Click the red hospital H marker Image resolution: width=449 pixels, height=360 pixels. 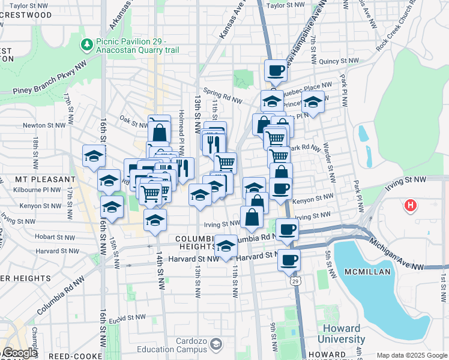(x=411, y=206)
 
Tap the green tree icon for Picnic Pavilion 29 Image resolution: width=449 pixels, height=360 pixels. (x=87, y=44)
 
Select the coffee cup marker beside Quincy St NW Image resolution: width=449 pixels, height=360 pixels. (x=276, y=71)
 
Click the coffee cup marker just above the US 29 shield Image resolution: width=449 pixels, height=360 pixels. (x=289, y=260)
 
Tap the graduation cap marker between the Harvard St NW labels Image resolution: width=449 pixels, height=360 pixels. (x=226, y=246)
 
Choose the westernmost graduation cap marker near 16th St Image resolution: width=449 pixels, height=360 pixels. (x=94, y=157)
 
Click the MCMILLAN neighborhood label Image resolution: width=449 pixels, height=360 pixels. (x=369, y=272)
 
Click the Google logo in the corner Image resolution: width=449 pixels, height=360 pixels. (x=20, y=353)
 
